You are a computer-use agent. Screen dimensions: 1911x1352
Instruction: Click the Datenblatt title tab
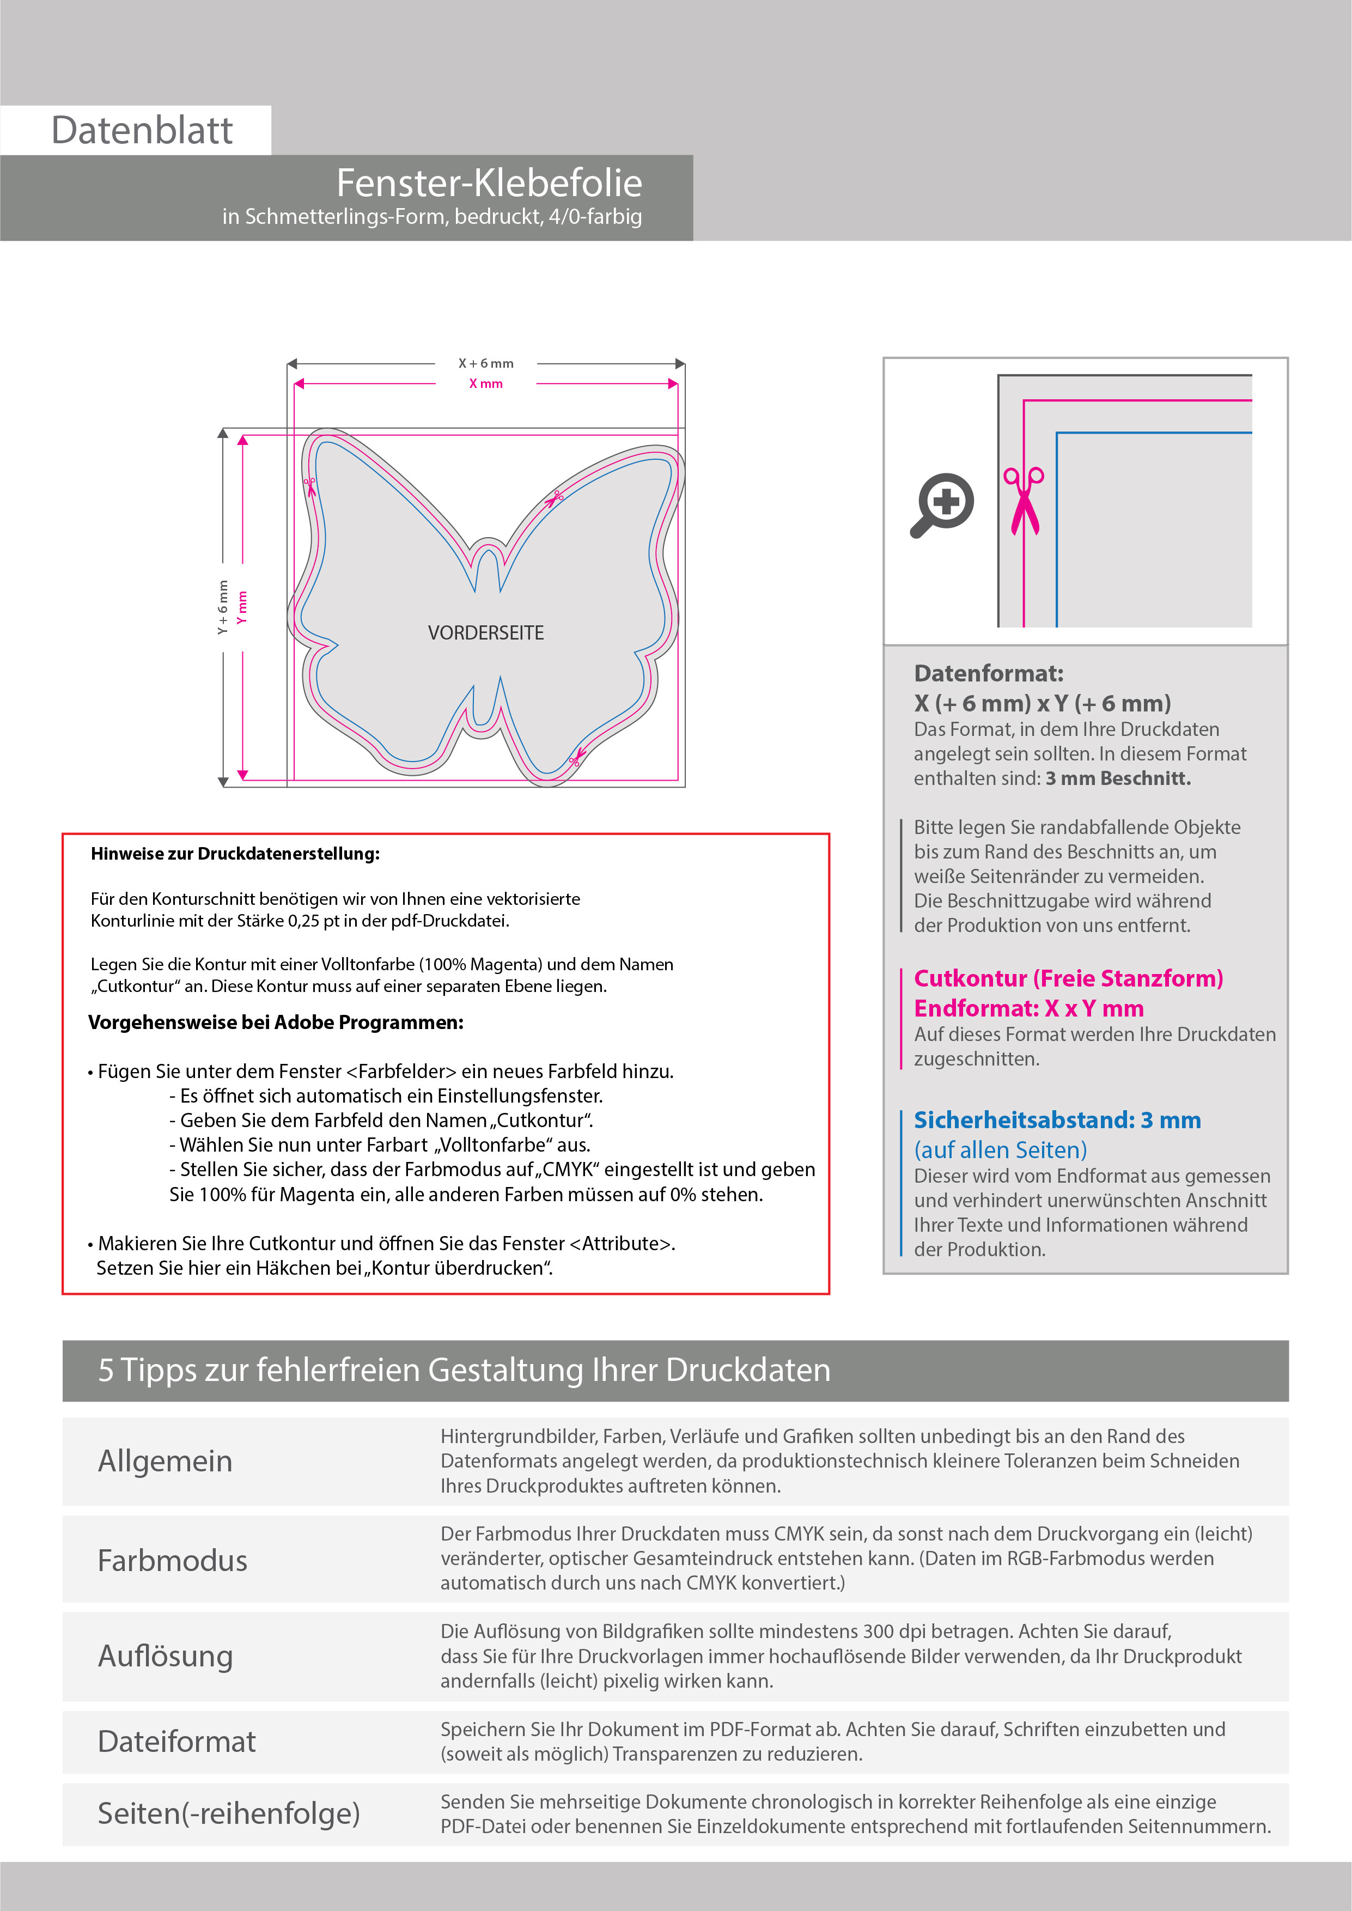click(142, 130)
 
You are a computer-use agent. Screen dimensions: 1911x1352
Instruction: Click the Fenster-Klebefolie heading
click(489, 183)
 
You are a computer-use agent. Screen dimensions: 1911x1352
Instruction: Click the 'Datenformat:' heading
click(988, 673)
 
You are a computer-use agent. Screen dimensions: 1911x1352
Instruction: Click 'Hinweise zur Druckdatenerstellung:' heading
click(235, 853)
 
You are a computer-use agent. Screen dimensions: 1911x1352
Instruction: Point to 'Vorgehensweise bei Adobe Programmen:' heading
click(276, 1022)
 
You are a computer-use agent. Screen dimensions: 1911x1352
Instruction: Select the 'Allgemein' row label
click(165, 1460)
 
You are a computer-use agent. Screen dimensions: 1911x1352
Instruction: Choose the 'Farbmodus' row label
click(172, 1560)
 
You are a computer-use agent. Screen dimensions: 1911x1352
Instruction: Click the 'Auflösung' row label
click(165, 1656)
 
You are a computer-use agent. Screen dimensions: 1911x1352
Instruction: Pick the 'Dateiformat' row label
click(176, 1741)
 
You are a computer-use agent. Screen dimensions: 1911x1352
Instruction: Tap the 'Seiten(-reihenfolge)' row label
click(229, 1813)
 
